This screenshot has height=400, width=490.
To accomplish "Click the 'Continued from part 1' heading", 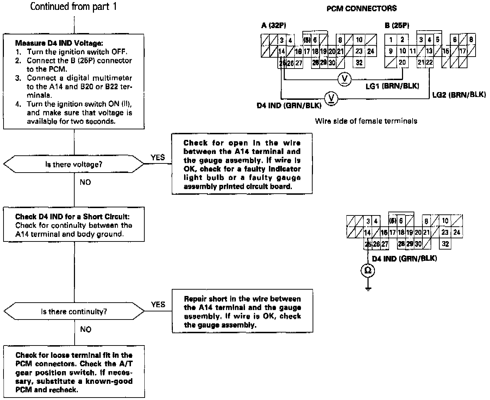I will [73, 7].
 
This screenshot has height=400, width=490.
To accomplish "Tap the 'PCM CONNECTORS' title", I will [362, 8].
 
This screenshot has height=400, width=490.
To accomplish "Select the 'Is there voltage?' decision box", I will [74, 164].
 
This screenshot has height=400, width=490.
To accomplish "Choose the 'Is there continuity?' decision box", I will [74, 311].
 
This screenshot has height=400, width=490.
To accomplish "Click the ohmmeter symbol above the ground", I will [368, 270].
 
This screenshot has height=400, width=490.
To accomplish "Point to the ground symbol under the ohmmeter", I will [368, 289].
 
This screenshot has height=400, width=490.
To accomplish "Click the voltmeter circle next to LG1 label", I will [344, 79].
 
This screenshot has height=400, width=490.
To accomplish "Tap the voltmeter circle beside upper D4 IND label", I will [331, 98].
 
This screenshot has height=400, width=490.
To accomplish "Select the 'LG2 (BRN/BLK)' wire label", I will [459, 95].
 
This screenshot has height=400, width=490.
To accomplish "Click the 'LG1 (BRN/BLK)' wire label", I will [392, 86].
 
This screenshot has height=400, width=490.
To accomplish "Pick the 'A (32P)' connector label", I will [274, 25].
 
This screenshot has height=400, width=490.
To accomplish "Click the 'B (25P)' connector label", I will [397, 25].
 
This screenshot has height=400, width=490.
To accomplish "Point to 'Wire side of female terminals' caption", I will [366, 121].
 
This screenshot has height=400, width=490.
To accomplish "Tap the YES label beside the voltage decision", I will [158, 157].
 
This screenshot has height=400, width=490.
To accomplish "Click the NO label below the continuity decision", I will [86, 329].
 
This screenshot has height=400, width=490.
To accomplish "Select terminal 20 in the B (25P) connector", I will [402, 62].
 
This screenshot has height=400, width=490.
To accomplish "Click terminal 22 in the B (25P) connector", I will [429, 62].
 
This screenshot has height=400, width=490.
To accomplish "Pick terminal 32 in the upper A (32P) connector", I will [359, 63].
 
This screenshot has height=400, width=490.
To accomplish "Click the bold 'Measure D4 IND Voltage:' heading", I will [59, 43].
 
